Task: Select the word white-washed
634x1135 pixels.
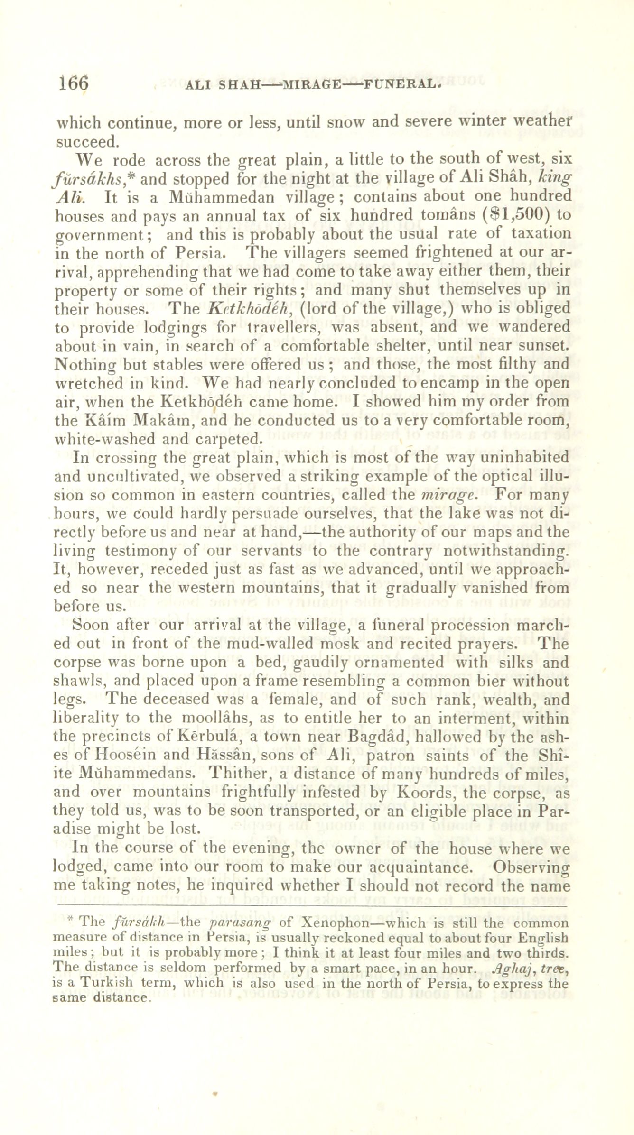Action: point(106,439)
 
